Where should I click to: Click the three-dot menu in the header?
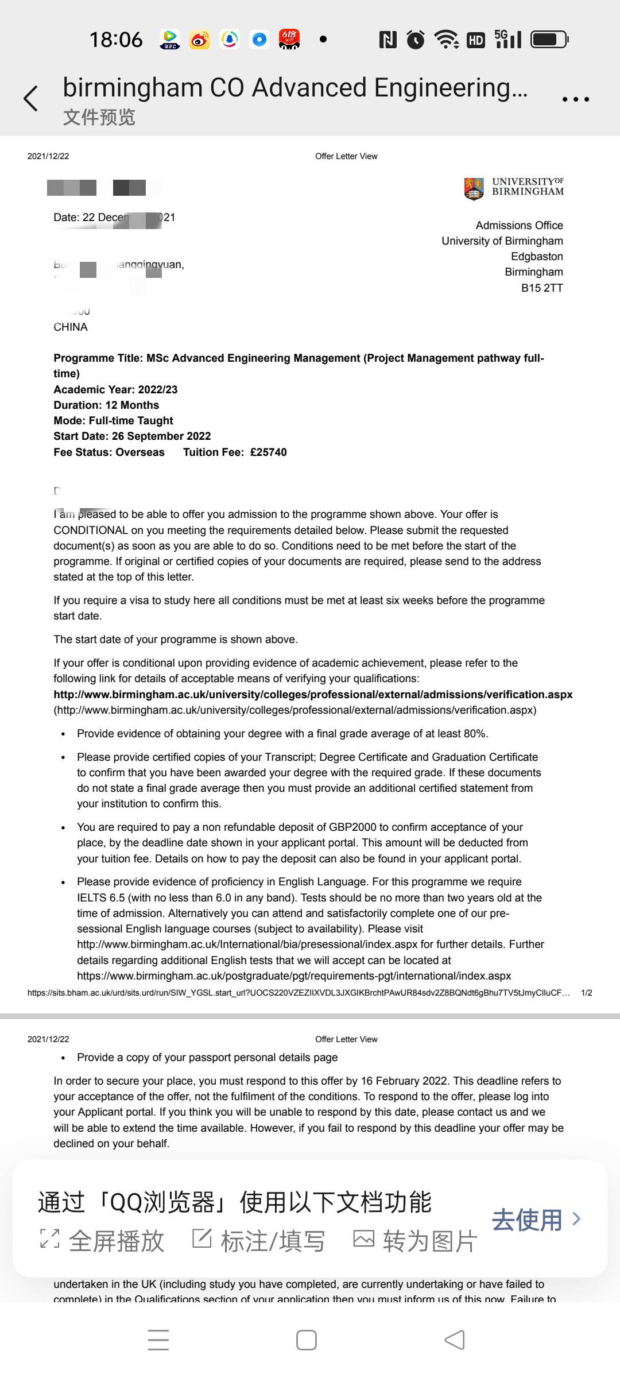coord(575,99)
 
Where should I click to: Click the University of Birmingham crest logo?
coord(474,188)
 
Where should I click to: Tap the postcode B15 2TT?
coord(542,288)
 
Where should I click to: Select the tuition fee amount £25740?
coord(268,452)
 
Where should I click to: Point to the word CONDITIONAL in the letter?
coord(91,530)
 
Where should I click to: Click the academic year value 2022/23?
coord(158,389)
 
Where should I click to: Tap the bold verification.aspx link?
coord(313,694)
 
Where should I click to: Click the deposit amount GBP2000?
coord(352,827)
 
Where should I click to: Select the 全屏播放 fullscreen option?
coord(102,1241)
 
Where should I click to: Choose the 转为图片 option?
coord(415,1241)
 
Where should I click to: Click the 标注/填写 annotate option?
coord(258,1241)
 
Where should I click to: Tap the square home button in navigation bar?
coord(307,1340)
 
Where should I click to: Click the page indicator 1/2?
coord(586,992)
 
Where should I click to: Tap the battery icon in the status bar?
coord(549,40)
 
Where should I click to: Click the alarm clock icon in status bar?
coord(416,40)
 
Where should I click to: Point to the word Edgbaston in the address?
coord(537,256)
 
